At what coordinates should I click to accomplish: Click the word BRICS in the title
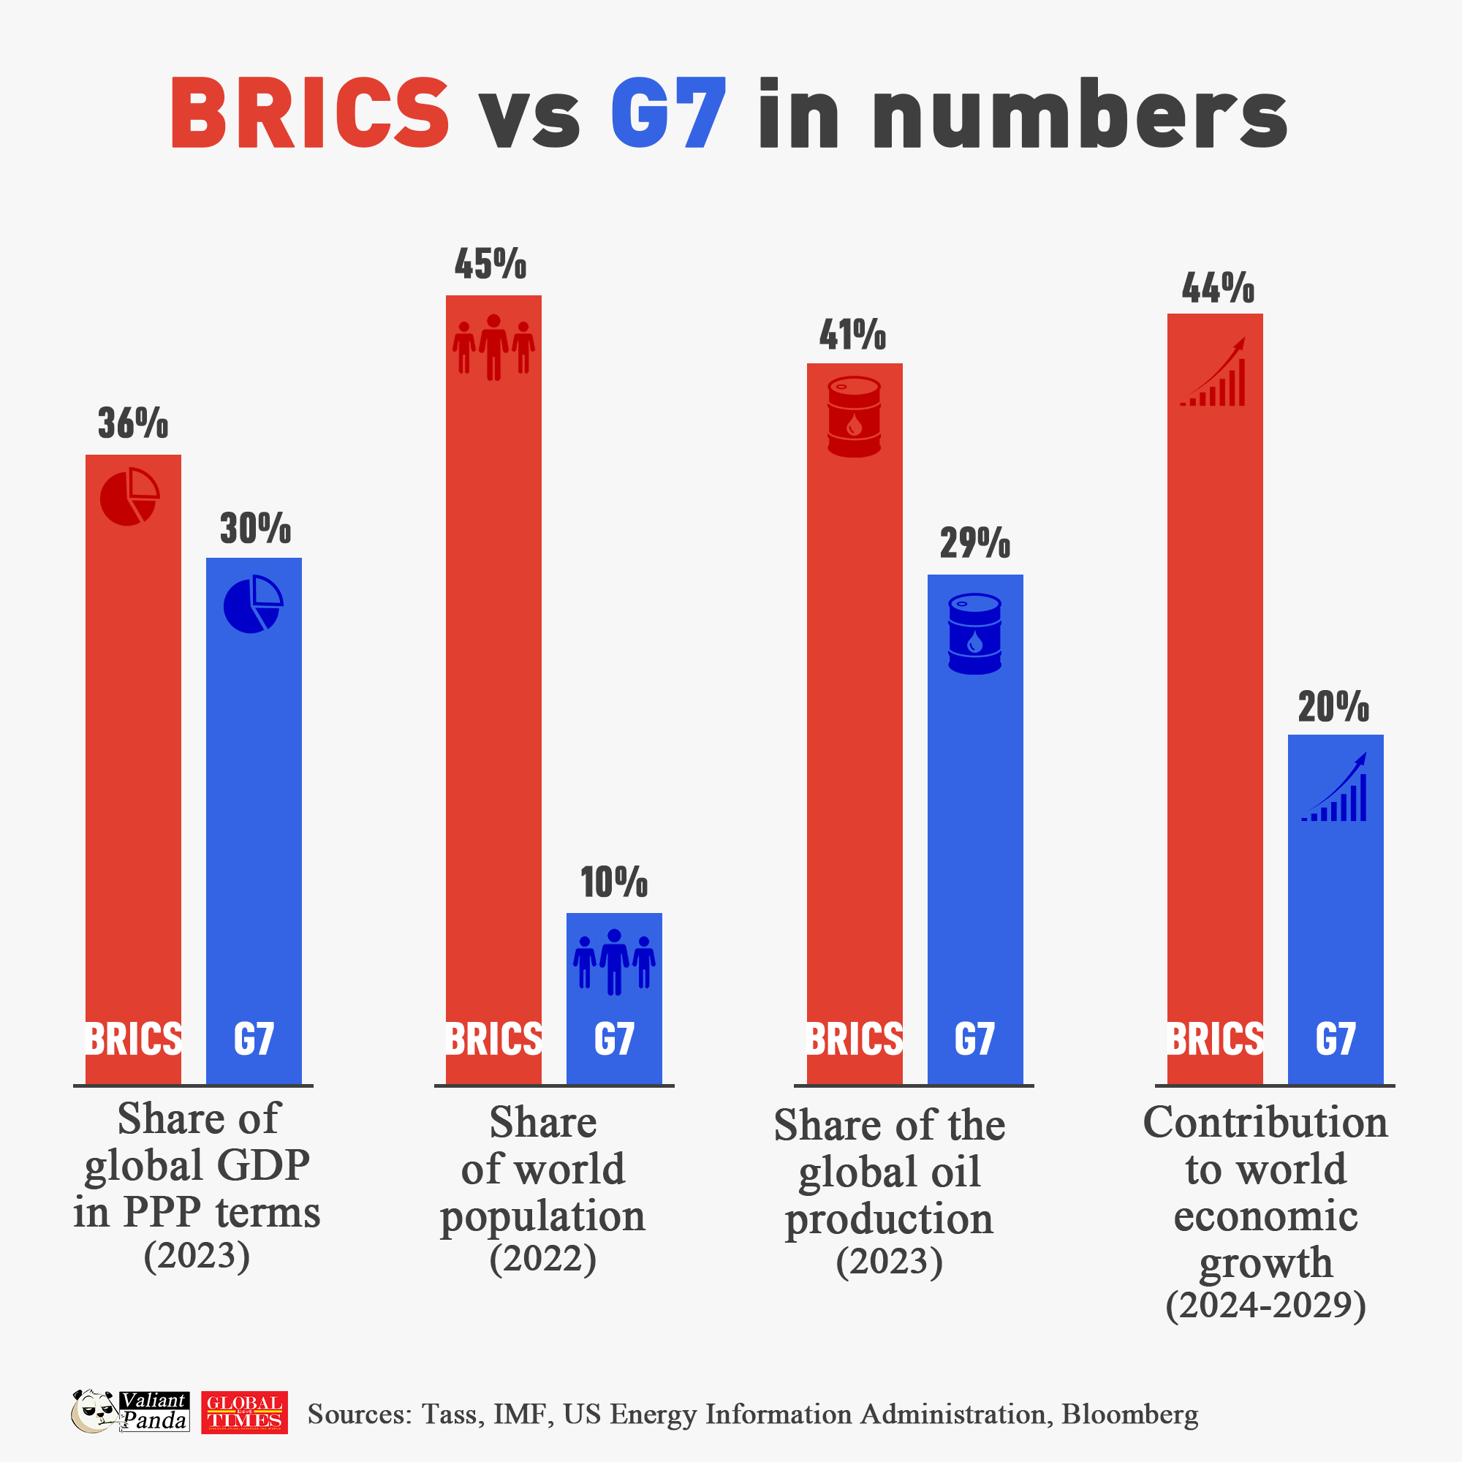[x=310, y=113]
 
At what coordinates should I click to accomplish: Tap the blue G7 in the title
[x=668, y=113]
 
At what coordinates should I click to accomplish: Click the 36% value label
[x=133, y=423]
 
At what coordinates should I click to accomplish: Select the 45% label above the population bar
[x=491, y=264]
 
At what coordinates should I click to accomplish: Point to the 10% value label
[x=614, y=882]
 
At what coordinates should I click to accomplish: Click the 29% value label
[x=974, y=543]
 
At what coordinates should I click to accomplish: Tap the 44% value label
[x=1218, y=288]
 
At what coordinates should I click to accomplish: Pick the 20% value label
[x=1333, y=707]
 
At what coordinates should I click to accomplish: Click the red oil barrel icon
[x=855, y=417]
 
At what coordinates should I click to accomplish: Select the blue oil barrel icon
[x=974, y=633]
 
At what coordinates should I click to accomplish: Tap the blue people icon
[x=614, y=962]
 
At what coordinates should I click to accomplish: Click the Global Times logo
[x=244, y=1412]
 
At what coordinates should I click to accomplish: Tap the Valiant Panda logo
[x=130, y=1412]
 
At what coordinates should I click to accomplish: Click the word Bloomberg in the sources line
[x=1129, y=1414]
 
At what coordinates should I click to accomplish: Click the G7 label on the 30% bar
[x=254, y=1039]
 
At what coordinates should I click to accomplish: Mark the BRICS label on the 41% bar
[x=855, y=1039]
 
